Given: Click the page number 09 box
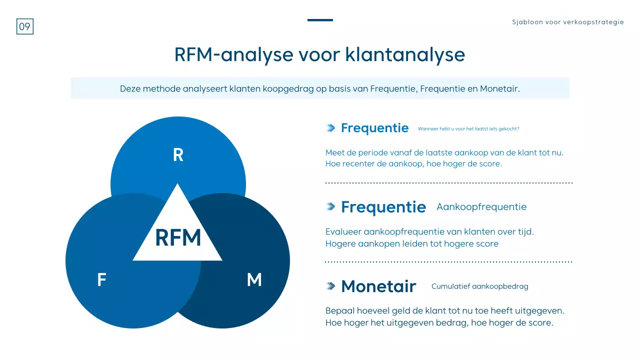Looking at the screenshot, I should pyautogui.click(x=24, y=26).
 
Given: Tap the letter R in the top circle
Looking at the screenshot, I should pyautogui.click(x=178, y=155).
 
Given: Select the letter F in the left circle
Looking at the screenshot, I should pyautogui.click(x=101, y=280).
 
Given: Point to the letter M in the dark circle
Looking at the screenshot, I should pyautogui.click(x=254, y=280).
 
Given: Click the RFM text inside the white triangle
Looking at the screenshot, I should pyautogui.click(x=178, y=238).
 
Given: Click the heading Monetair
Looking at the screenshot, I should pyautogui.click(x=378, y=286).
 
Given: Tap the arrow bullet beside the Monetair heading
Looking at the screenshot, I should pyautogui.click(x=330, y=286).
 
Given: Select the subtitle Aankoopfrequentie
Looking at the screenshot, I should pyautogui.click(x=481, y=206).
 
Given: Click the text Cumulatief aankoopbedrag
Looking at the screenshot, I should pyautogui.click(x=479, y=286).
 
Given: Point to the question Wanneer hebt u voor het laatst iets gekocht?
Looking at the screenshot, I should pyautogui.click(x=468, y=128).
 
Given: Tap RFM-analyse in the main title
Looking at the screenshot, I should pyautogui.click(x=233, y=54).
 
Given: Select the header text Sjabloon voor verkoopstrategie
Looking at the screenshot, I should pyautogui.click(x=567, y=22).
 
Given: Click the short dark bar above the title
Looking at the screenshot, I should pyautogui.click(x=320, y=20).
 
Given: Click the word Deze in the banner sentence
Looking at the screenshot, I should pyautogui.click(x=129, y=89).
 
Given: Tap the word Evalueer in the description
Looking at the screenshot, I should pyautogui.click(x=343, y=232).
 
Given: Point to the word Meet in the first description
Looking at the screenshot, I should pyautogui.click(x=334, y=152).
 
